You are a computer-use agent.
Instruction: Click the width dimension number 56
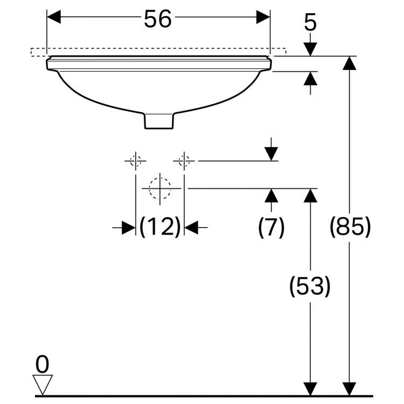click(158, 19)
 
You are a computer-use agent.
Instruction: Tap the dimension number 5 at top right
click(310, 23)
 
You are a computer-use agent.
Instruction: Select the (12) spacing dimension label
click(160, 227)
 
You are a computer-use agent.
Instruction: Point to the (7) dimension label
click(271, 227)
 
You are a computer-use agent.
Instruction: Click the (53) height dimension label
click(310, 286)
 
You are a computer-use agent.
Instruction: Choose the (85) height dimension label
click(350, 227)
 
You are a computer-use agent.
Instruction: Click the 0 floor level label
click(42, 364)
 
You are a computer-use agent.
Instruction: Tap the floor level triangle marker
click(43, 385)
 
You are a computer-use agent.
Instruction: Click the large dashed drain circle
click(160, 189)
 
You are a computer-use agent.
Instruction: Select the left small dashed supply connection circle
click(136, 161)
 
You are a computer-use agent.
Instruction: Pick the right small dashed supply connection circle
click(184, 161)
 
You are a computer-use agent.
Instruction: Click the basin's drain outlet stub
click(159, 121)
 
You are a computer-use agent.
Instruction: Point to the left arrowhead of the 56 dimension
click(54, 17)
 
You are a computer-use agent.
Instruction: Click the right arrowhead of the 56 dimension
click(263, 17)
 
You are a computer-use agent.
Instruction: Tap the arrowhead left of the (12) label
click(129, 227)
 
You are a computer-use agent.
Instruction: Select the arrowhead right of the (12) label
click(191, 227)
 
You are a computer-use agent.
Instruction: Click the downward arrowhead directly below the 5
click(310, 49)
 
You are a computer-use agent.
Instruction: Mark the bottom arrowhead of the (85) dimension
click(350, 389)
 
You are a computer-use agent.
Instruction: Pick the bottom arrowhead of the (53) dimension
click(310, 389)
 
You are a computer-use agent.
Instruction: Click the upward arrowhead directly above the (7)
click(271, 196)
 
